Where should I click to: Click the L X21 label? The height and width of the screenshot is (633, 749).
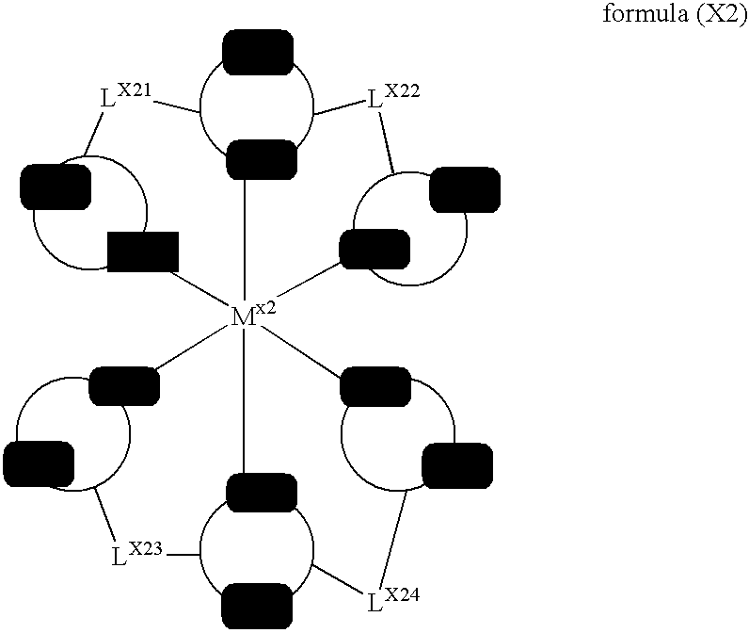click(x=125, y=95)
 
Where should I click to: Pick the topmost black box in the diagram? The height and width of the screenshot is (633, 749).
click(x=258, y=50)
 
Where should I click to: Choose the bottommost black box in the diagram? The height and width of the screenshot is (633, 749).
click(x=256, y=605)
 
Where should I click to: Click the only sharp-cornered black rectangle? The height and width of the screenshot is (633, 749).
click(x=143, y=252)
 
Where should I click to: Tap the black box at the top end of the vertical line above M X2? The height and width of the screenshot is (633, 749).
click(x=262, y=158)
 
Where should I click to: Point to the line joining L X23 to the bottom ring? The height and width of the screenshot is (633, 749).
click(x=183, y=554)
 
